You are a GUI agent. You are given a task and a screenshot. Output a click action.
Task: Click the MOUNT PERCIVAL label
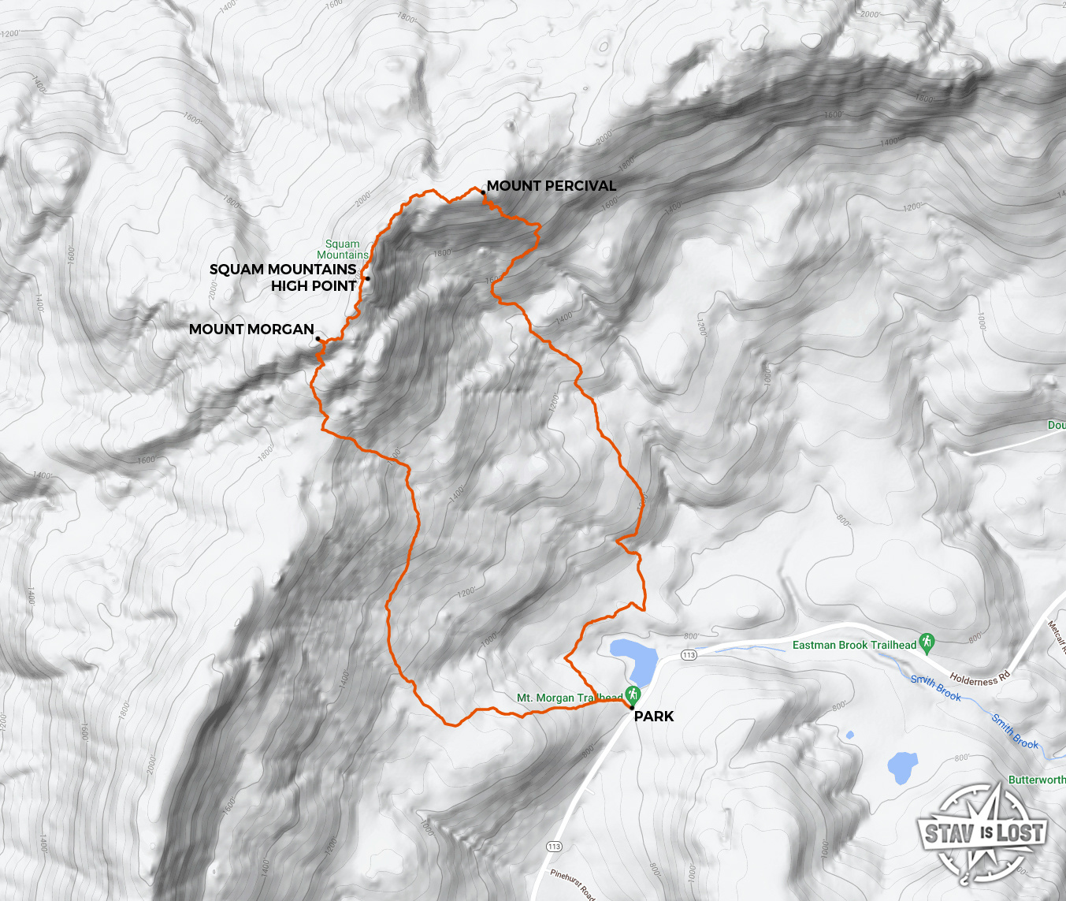[x=551, y=186]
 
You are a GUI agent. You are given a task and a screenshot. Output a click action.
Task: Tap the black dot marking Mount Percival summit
[x=483, y=192]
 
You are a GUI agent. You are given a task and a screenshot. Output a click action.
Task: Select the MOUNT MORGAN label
[x=251, y=329]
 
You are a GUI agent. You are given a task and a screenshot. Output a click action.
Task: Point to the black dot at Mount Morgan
[x=318, y=339]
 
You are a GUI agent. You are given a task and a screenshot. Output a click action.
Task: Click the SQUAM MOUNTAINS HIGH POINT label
[x=284, y=277]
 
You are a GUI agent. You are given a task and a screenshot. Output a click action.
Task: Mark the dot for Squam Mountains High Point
[x=367, y=278]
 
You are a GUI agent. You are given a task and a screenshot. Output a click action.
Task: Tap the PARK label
[x=654, y=716]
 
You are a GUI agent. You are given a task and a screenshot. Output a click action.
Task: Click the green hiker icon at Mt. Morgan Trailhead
[x=632, y=694]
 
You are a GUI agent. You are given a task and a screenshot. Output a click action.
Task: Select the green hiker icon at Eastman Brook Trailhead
[x=927, y=642]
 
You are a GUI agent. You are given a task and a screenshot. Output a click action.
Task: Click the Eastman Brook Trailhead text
[x=854, y=645]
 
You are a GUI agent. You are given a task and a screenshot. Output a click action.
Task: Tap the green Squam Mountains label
[x=343, y=249]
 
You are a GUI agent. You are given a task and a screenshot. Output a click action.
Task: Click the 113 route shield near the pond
[x=689, y=655]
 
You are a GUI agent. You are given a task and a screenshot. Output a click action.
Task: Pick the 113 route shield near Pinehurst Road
[x=554, y=847]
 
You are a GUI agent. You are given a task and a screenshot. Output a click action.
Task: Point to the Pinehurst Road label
[x=573, y=884]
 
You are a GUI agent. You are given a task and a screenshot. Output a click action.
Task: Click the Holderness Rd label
[x=979, y=679]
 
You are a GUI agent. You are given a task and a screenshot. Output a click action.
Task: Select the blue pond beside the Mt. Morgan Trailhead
[x=635, y=660]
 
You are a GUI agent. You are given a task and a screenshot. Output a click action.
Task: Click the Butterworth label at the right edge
[x=1037, y=780]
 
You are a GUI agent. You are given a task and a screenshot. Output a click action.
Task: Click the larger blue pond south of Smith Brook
[x=902, y=767]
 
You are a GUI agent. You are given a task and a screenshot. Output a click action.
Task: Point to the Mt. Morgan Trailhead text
[x=569, y=698]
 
